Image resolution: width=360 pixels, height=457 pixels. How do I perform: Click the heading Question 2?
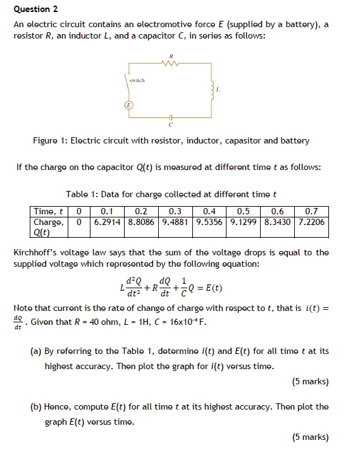(x=36, y=9)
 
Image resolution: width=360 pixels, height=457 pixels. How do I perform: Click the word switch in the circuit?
(x=136, y=81)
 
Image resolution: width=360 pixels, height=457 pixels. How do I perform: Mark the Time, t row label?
(x=48, y=211)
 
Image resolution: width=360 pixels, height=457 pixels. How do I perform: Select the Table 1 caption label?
(x=84, y=194)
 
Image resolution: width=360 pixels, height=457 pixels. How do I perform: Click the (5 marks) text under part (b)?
(x=310, y=437)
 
